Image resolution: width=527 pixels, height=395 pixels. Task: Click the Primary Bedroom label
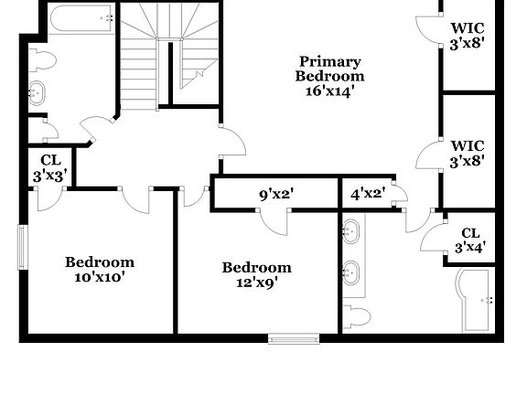click(x=329, y=69)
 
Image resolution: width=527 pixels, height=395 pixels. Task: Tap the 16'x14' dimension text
click(x=329, y=91)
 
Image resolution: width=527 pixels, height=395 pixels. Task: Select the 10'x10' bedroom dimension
click(x=100, y=277)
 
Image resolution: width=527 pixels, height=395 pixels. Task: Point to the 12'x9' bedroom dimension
click(x=256, y=283)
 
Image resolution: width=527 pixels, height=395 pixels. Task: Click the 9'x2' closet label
click(x=275, y=194)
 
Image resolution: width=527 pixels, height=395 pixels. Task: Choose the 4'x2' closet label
click(x=368, y=194)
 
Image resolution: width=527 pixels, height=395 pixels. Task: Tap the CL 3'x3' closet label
click(x=49, y=167)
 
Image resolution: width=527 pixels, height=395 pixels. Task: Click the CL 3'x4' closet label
click(x=469, y=240)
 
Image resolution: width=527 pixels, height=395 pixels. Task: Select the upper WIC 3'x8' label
click(x=467, y=34)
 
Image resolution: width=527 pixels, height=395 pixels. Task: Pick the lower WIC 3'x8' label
click(x=467, y=153)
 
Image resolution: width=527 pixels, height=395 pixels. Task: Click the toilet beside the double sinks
click(x=356, y=317)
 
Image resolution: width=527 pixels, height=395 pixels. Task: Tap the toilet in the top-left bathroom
click(x=42, y=61)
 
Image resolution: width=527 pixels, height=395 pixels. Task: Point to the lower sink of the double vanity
click(x=350, y=272)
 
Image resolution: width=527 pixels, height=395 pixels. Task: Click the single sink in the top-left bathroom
click(x=38, y=93)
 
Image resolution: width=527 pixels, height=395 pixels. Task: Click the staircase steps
click(x=140, y=55)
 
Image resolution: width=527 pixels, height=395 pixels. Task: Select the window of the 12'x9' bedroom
click(x=293, y=338)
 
